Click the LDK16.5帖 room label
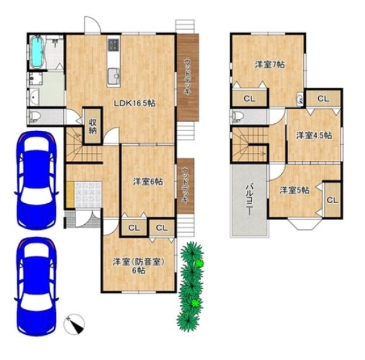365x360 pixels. tap(135, 103)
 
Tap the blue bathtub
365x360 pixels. tap(37, 52)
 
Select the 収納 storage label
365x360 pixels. tap(92, 126)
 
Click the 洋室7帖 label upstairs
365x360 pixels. tap(270, 64)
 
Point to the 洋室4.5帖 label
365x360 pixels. tap(314, 136)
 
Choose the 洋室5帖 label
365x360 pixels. tap(294, 191)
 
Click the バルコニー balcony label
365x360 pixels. tap(250, 199)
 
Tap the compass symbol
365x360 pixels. tap(74, 324)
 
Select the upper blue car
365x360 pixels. tap(35, 180)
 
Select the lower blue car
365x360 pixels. tap(36, 286)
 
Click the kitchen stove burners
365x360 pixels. tap(113, 45)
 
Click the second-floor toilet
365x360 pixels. tap(237, 116)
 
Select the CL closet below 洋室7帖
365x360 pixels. tap(249, 99)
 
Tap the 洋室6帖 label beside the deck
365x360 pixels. tap(148, 181)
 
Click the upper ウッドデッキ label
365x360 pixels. tap(187, 76)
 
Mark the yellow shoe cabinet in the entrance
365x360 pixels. tap(70, 195)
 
